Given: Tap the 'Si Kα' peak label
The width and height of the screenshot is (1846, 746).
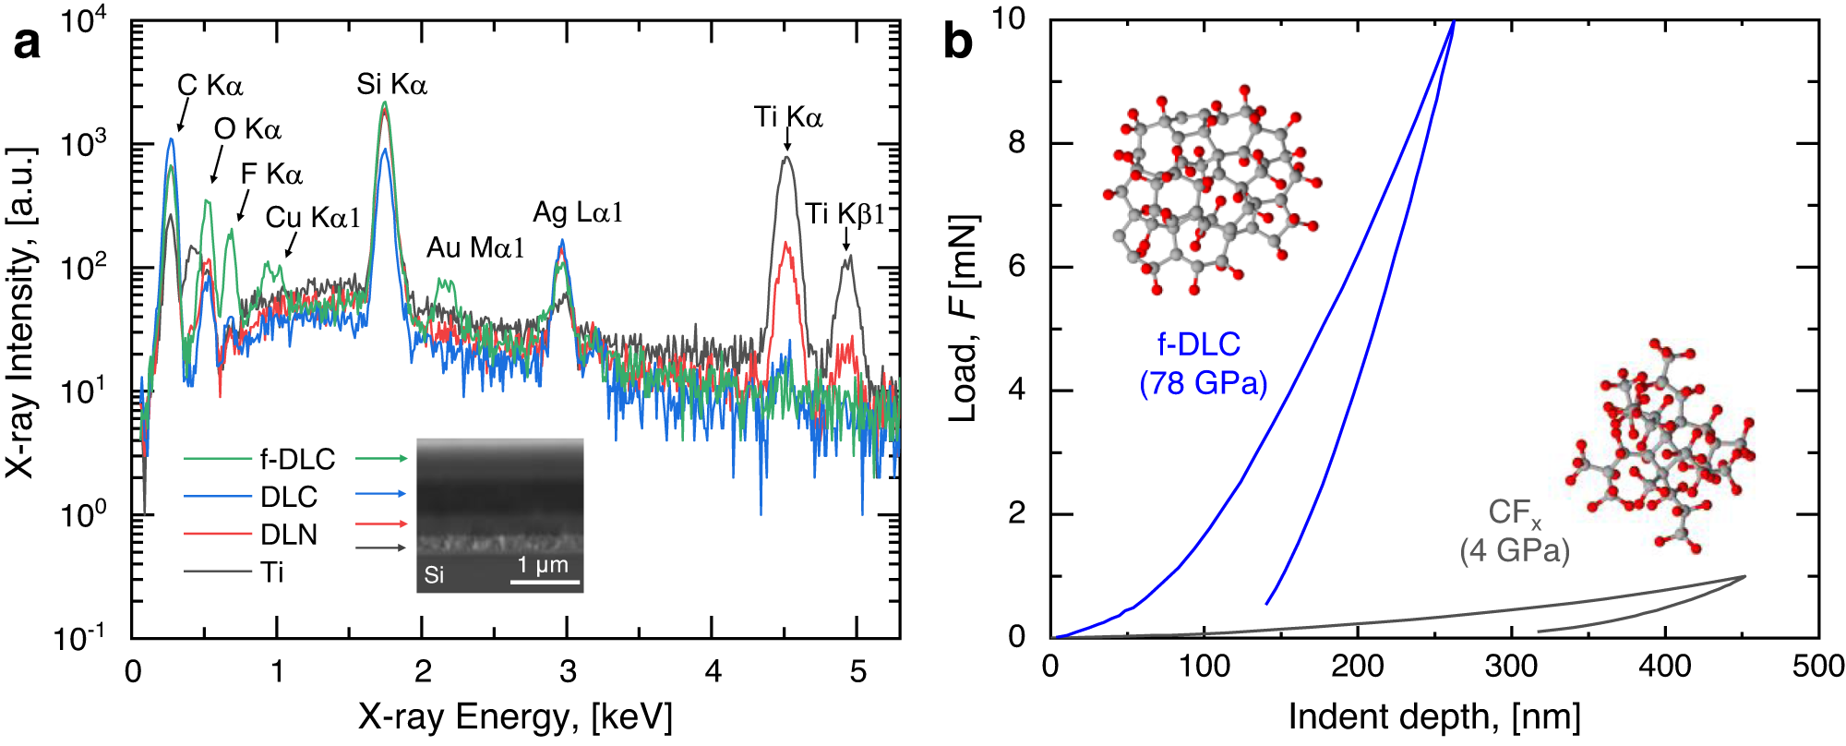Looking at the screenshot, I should pyautogui.click(x=391, y=85).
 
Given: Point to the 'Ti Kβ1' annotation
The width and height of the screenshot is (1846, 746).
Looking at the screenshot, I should pyautogui.click(x=845, y=214).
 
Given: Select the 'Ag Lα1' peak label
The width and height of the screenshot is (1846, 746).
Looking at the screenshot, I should pyautogui.click(x=578, y=213).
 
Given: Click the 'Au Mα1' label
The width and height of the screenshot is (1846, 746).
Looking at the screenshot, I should pyautogui.click(x=475, y=247).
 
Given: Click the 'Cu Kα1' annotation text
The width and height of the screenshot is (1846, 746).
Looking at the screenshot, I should pyautogui.click(x=313, y=218).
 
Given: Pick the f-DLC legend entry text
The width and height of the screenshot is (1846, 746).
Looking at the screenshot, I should pyautogui.click(x=297, y=459).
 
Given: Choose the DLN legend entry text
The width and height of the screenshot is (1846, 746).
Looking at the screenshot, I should pyautogui.click(x=289, y=535).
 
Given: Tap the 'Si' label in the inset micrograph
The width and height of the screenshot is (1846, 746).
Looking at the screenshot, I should pyautogui.click(x=434, y=575).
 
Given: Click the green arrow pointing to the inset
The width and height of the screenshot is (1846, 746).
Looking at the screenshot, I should pyautogui.click(x=380, y=458).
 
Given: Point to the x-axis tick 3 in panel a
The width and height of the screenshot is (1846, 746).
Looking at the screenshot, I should pyautogui.click(x=567, y=671).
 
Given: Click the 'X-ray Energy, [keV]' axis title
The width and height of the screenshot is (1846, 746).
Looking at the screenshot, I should pyautogui.click(x=515, y=717).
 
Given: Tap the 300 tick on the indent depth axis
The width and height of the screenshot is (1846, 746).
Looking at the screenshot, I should pyautogui.click(x=1511, y=666).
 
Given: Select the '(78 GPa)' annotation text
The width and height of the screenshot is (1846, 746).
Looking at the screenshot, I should pyautogui.click(x=1203, y=382).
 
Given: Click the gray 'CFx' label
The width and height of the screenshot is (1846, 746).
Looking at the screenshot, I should pyautogui.click(x=1514, y=512).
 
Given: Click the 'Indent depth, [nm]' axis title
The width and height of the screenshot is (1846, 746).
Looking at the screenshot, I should pyautogui.click(x=1434, y=717).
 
